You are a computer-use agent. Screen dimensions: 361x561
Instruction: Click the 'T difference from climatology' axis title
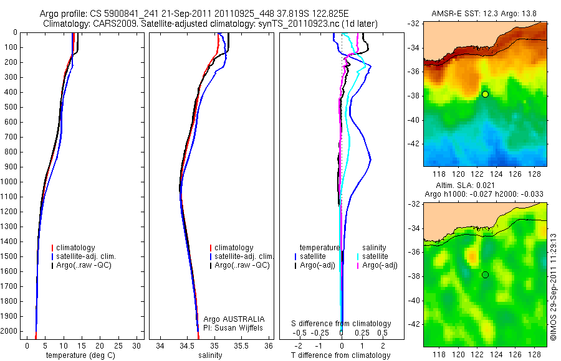click(x=340, y=355)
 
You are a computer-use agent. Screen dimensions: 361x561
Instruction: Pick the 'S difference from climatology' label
click(x=342, y=324)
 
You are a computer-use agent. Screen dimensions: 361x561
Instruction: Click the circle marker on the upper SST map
click(x=485, y=94)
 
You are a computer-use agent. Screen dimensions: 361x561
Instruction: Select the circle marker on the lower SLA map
click(x=485, y=274)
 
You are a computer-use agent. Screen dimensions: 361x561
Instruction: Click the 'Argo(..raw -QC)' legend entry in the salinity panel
click(x=242, y=265)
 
